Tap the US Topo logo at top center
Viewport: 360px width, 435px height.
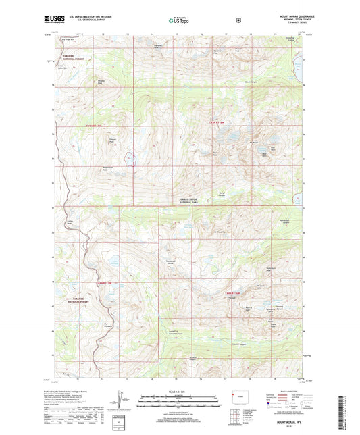tap(179, 20)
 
